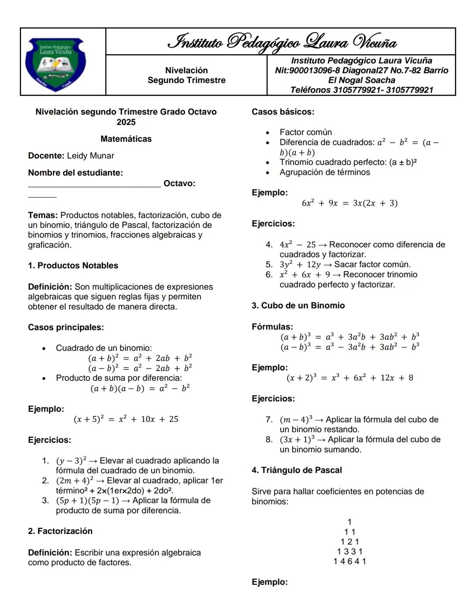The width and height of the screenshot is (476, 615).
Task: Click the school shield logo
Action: [56, 64]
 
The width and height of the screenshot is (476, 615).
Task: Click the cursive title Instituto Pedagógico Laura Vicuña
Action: [282, 42]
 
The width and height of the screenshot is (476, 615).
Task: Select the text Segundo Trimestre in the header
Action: [186, 80]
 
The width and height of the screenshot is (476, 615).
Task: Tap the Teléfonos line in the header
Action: [361, 90]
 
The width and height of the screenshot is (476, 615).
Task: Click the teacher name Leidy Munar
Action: [90, 156]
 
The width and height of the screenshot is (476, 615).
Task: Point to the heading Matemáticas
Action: [126, 139]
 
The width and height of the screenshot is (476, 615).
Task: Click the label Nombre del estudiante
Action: [75, 173]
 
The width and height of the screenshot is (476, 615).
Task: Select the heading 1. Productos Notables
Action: [73, 265]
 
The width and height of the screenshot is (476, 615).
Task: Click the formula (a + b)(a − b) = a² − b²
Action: [140, 388]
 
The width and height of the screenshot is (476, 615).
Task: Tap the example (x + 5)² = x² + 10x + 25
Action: [126, 419]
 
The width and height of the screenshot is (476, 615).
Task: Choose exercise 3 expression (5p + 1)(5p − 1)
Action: [87, 501]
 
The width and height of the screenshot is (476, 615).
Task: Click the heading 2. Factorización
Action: [60, 531]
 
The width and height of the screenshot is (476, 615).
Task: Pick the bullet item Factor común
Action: [305, 132]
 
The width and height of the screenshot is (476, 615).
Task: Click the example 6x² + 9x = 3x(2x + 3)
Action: [350, 203]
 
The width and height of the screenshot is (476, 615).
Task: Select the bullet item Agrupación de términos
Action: [325, 172]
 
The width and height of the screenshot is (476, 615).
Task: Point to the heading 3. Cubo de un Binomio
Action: [298, 306]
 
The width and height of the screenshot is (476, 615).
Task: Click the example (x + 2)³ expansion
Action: [350, 378]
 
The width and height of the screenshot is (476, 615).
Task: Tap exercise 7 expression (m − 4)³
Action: [297, 420]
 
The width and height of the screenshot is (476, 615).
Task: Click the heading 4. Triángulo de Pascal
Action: [297, 470]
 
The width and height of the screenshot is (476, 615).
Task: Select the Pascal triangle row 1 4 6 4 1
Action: [350, 561]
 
